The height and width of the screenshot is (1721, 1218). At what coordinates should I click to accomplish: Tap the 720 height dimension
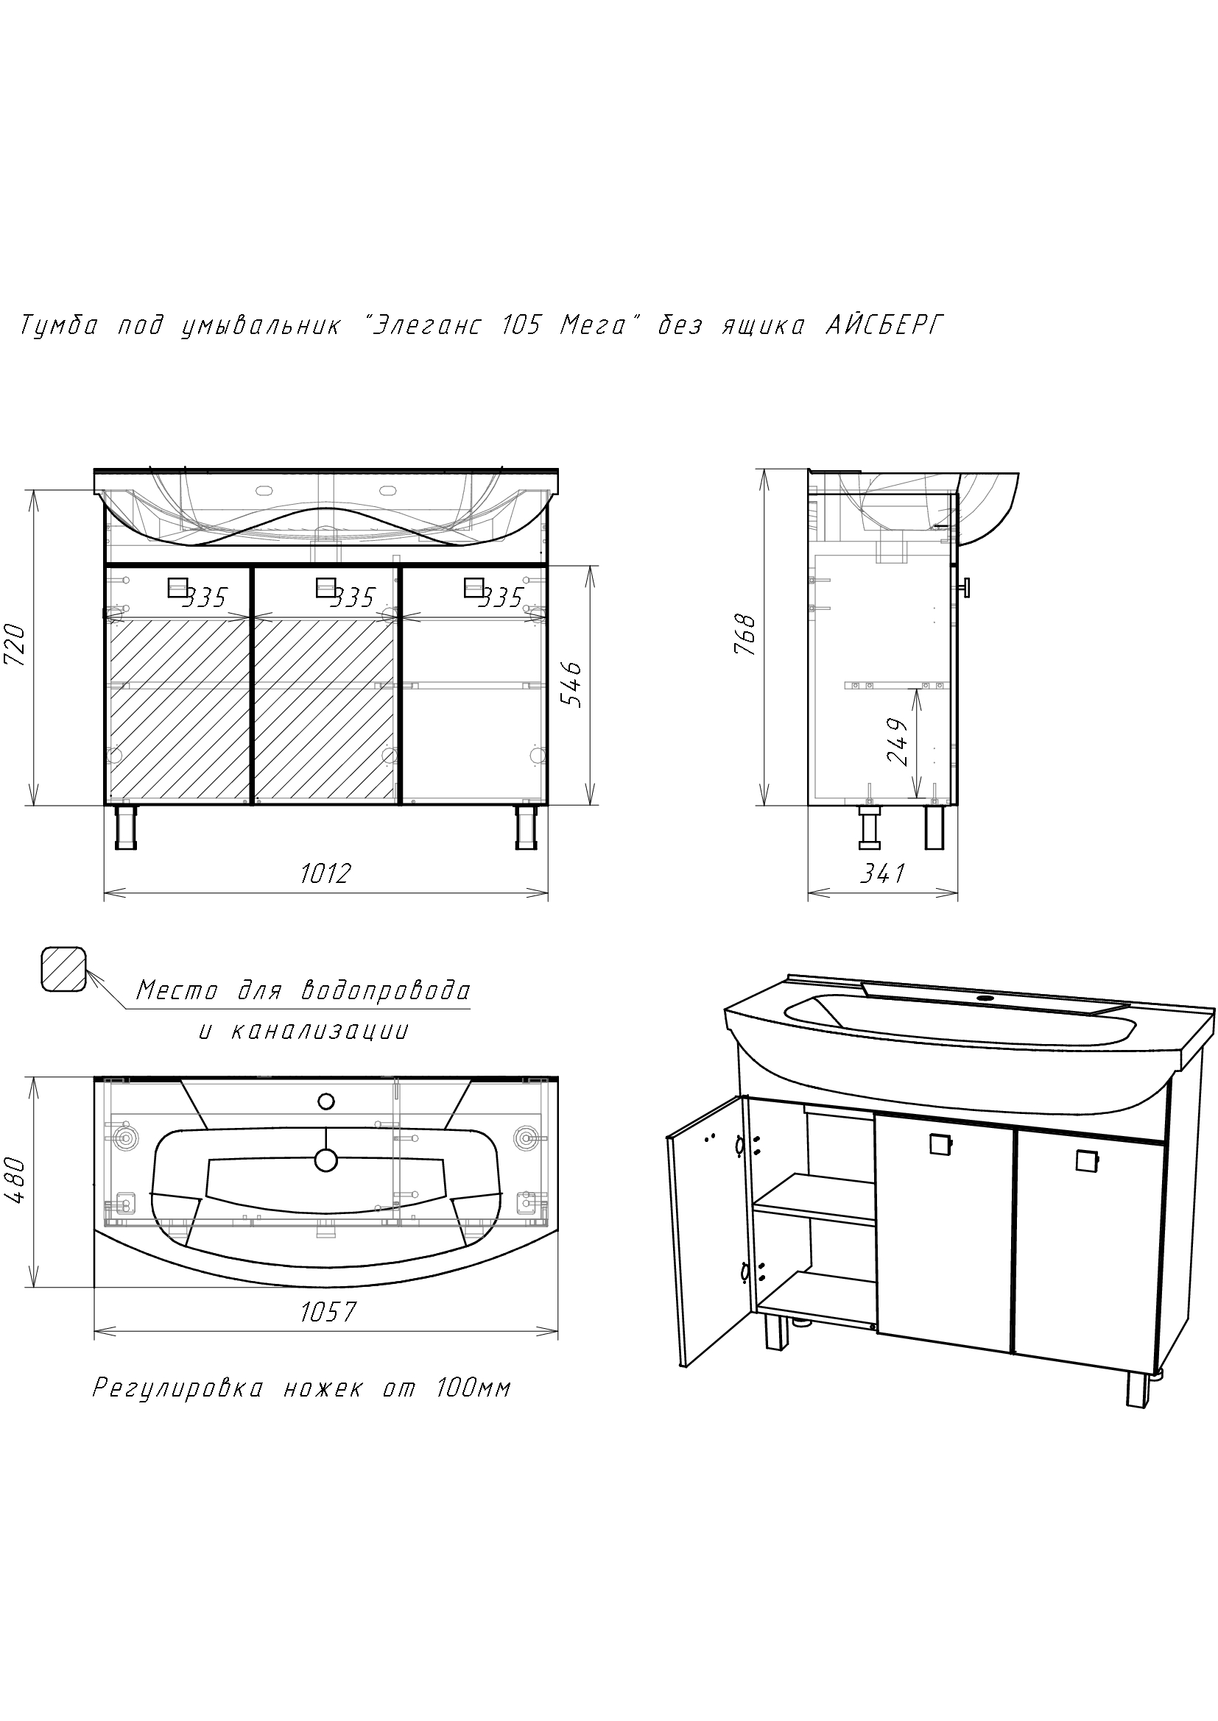tap(15, 645)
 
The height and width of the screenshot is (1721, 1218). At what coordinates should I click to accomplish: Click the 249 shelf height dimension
tap(898, 742)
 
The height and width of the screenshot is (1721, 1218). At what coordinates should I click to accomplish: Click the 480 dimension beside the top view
tap(15, 1182)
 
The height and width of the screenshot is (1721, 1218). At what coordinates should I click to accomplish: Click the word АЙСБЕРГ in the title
tap(884, 325)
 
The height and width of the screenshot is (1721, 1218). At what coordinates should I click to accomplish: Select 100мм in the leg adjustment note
tap(474, 1388)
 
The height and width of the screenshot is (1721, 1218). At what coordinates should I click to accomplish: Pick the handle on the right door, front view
tap(475, 587)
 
